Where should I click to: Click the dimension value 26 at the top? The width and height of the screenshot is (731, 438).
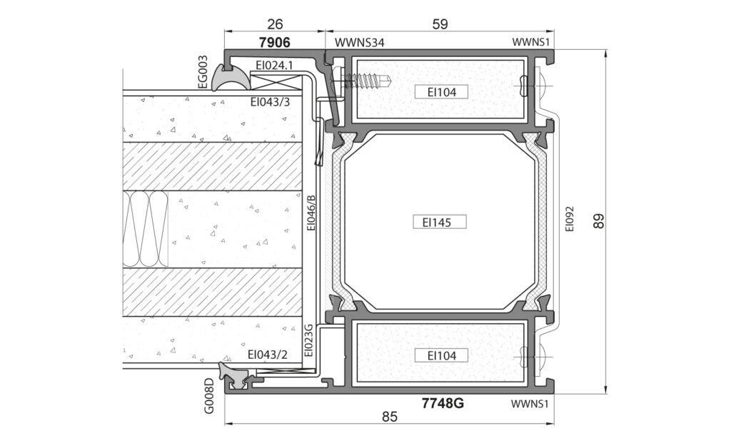pos(276,24)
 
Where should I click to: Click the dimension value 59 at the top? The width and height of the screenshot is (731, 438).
pos(440,24)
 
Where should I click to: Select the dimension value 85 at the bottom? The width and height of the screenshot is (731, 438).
pos(389,416)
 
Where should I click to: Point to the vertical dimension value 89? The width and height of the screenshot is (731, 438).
pos(599,220)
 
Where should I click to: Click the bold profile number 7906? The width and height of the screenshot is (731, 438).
pos(275,42)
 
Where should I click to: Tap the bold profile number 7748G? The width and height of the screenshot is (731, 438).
pos(443,403)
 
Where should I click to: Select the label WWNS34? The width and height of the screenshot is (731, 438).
pos(360,43)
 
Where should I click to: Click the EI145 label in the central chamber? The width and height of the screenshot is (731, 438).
pos(440,223)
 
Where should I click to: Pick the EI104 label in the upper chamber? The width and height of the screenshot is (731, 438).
pos(441,92)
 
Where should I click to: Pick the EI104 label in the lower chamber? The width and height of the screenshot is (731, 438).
pos(441,356)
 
